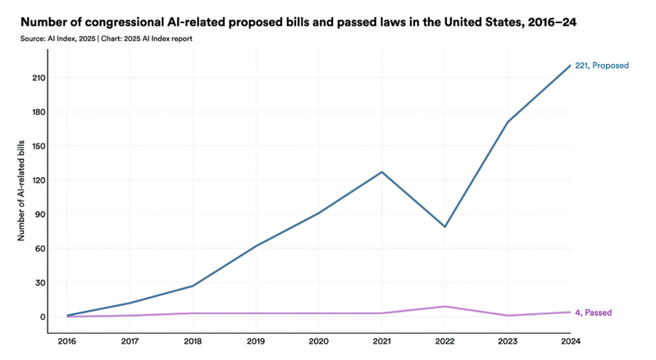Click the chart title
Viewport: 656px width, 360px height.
pos(299,22)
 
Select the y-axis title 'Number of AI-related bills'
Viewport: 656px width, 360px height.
pos(21,186)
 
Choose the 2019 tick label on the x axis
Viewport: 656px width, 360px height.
pos(255,341)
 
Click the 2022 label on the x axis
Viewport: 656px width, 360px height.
pos(444,341)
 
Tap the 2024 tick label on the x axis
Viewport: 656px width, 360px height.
pos(571,341)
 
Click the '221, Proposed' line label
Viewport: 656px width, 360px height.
pos(602,66)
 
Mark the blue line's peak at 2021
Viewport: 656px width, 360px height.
pos(381,172)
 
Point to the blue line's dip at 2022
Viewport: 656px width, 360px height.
pos(444,226)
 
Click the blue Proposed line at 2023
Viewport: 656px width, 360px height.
pos(508,122)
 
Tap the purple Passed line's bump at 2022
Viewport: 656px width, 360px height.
pos(444,307)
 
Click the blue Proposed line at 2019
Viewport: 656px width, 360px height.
pos(255,246)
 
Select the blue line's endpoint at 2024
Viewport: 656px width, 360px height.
pos(571,66)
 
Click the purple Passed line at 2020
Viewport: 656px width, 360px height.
pos(318,313)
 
